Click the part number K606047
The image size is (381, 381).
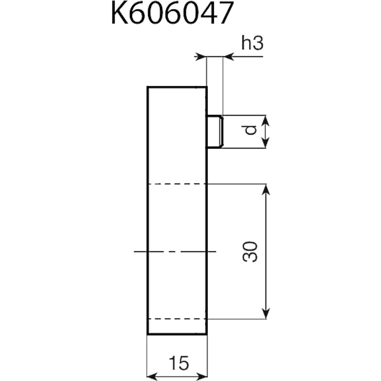pos(172,13)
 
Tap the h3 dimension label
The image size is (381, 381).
pos(252,42)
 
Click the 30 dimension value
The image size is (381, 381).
pos(250,251)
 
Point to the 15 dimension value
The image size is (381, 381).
pos(179,363)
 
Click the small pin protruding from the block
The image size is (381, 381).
pos(215,131)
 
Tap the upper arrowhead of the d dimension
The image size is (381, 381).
pos(266,120)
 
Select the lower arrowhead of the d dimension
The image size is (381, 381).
pos(266,143)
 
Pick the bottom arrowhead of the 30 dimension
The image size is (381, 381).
pos(266,313)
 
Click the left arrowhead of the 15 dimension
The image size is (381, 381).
pos(152,377)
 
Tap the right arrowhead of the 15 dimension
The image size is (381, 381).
pos(201,377)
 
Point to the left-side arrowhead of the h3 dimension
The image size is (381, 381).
pos(201,57)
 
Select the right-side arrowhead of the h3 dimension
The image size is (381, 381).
pos(228,57)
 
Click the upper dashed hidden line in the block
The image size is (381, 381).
pos(177,184)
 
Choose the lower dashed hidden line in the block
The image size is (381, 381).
pos(177,319)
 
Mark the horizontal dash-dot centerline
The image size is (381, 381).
pos(175,251)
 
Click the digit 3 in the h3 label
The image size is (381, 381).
pos(258,43)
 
